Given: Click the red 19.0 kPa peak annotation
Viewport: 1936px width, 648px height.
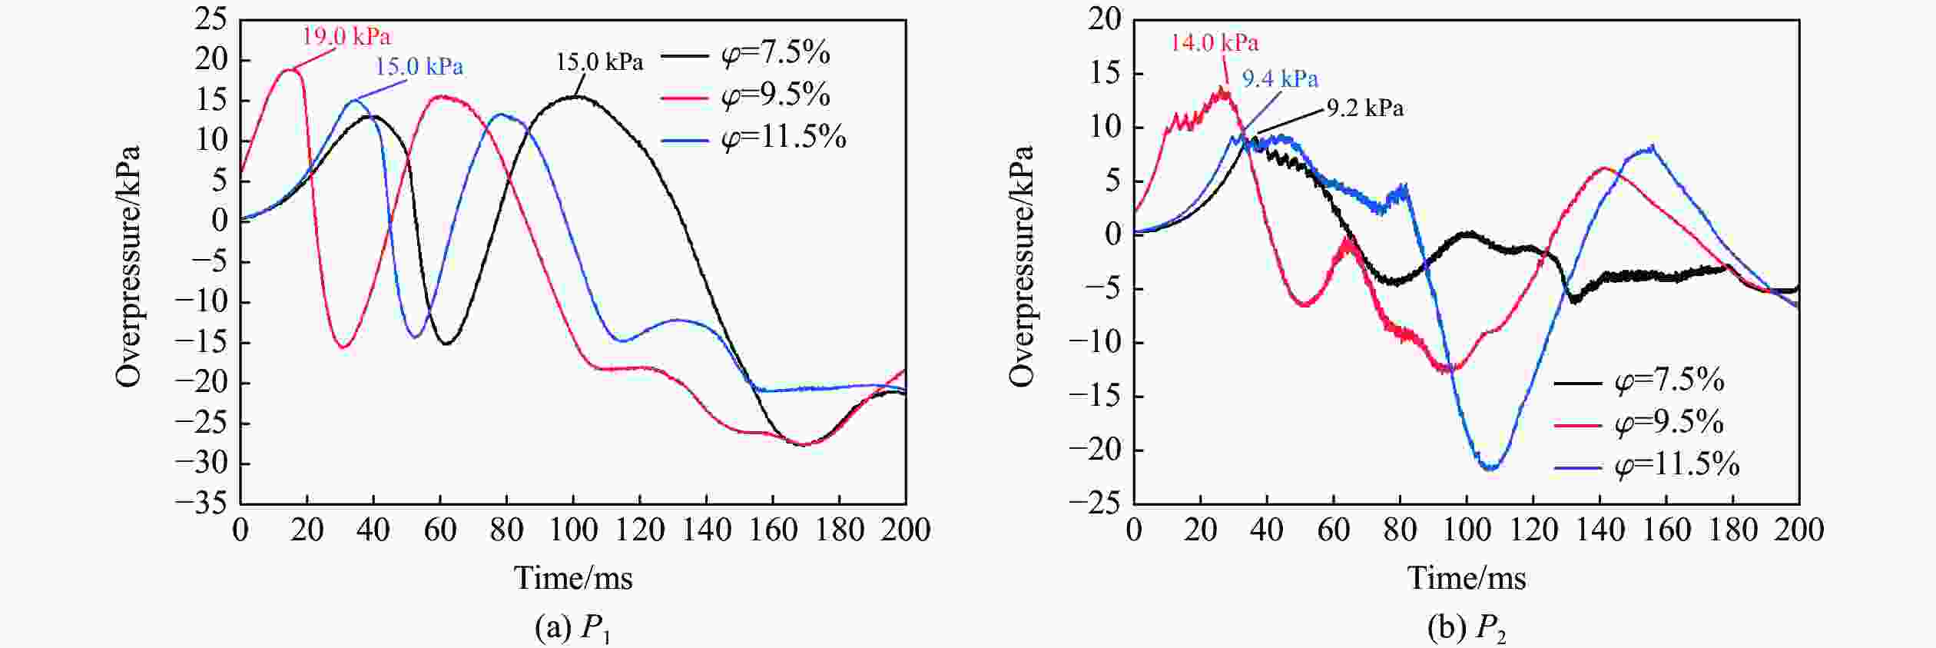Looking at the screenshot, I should pyautogui.click(x=346, y=36).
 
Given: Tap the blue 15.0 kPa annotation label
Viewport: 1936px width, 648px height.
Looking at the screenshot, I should pyautogui.click(x=419, y=67).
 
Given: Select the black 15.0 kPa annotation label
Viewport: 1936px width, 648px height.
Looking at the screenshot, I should pyautogui.click(x=599, y=61).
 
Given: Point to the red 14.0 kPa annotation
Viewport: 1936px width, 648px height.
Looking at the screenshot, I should pyautogui.click(x=1215, y=42).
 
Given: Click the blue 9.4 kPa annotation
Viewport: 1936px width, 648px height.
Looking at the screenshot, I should pyautogui.click(x=1280, y=78).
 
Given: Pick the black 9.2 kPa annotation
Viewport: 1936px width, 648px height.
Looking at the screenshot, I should pyautogui.click(x=1365, y=108).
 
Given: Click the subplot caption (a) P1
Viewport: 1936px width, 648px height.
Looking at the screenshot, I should pyautogui.click(x=572, y=629).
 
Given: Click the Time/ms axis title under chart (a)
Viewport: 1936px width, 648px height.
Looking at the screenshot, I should pyautogui.click(x=573, y=578).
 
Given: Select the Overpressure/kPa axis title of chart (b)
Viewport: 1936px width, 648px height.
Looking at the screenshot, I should pyautogui.click(x=1023, y=265).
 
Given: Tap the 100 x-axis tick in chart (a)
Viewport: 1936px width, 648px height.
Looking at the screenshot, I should pyautogui.click(x=573, y=530).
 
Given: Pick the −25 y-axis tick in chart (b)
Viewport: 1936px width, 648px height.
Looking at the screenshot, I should pyautogui.click(x=1094, y=503).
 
